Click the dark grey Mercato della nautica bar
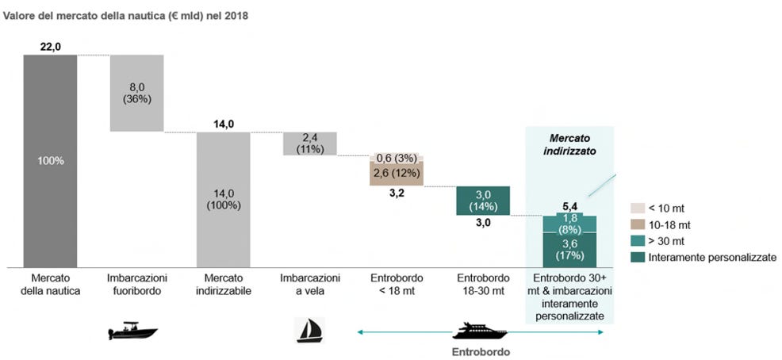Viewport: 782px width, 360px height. (51, 161)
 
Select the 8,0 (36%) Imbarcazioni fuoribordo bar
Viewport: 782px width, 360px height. (136, 93)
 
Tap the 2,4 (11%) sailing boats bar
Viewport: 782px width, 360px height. (310, 144)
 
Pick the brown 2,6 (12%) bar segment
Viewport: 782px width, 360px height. (397, 174)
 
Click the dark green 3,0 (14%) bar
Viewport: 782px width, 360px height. (483, 201)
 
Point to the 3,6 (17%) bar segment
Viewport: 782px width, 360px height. (569, 250)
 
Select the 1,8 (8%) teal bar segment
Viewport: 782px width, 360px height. (569, 224)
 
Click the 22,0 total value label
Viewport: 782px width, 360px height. (51, 47)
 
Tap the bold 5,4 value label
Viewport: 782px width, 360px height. (569, 205)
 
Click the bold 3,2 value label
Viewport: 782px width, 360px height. (397, 193)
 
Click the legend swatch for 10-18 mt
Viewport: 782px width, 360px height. (638, 225)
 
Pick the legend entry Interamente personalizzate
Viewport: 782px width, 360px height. (713, 257)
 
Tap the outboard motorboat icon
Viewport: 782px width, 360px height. (132, 331)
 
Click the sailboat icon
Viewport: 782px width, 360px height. (310, 330)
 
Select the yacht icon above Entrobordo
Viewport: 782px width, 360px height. (480, 331)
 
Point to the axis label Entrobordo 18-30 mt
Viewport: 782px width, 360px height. (483, 284)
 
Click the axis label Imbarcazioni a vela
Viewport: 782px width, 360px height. (310, 284)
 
